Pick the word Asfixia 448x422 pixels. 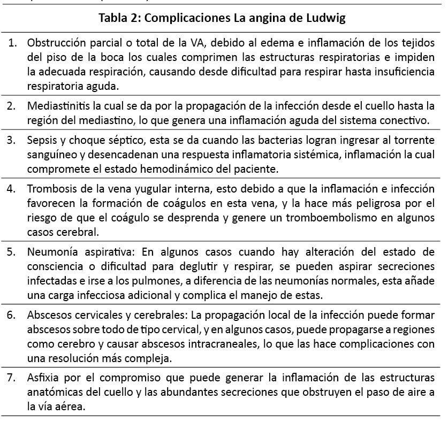tap(43, 377)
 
